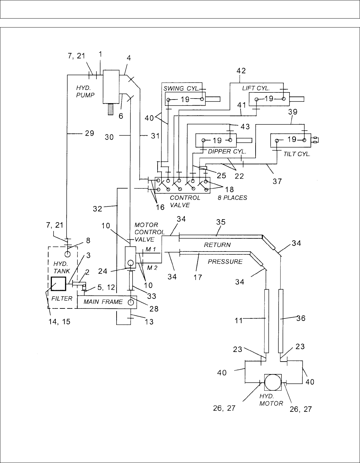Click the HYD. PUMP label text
[x=85, y=92]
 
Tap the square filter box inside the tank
[x=58, y=283]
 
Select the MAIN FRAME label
[x=103, y=302]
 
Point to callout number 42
[x=241, y=71]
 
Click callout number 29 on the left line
[x=89, y=133]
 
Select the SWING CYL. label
[x=181, y=88]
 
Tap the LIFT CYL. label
[x=256, y=88]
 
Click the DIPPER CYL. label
[x=227, y=151]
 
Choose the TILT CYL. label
[x=297, y=154]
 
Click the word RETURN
[x=217, y=244]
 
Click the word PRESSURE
[x=225, y=261]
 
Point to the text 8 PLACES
[x=232, y=198]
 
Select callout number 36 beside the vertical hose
[x=301, y=318]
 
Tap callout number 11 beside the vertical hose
[x=239, y=320]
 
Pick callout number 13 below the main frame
[x=149, y=322]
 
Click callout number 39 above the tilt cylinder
[x=293, y=112]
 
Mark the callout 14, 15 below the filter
[x=59, y=322]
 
